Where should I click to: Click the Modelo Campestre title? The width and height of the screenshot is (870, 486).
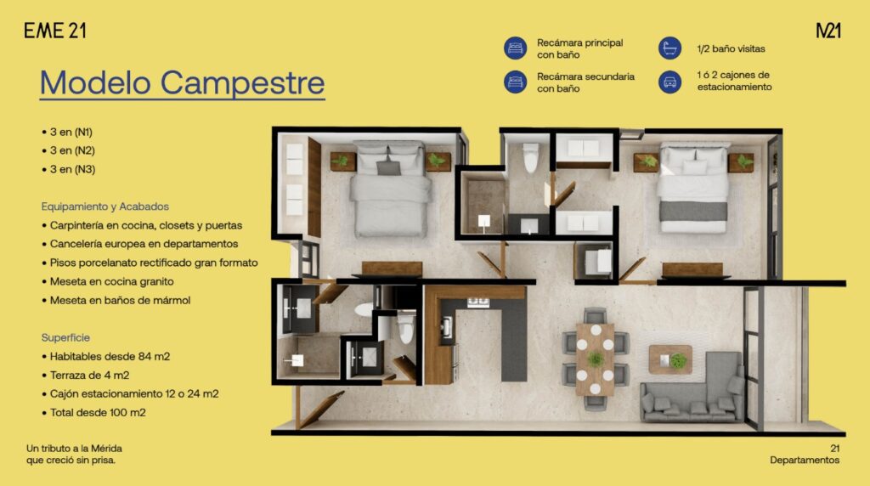coord(182,82)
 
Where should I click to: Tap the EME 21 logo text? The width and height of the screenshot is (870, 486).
coord(55,31)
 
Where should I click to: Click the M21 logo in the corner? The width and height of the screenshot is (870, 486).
coord(828,31)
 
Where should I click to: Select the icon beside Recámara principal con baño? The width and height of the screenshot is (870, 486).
coord(515,48)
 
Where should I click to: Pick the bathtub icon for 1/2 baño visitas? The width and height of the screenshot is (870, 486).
coord(669,48)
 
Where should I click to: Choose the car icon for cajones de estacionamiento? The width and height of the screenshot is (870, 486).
coord(669,82)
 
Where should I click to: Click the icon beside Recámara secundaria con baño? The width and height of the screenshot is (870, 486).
coord(515,82)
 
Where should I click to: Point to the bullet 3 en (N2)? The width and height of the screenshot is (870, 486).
coord(68,150)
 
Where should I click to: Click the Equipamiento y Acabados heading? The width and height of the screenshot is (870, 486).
coord(105,206)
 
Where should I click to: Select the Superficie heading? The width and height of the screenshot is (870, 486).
coord(65,337)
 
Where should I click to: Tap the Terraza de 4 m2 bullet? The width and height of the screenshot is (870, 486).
coord(86,375)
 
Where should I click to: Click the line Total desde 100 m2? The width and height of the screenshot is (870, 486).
coord(93,413)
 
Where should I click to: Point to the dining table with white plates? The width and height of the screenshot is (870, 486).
coord(595,359)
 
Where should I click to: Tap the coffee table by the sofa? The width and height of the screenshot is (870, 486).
coord(670,359)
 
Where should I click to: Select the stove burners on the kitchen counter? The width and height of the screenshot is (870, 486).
coord(477,302)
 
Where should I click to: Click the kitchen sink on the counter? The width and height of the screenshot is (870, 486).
coord(447,328)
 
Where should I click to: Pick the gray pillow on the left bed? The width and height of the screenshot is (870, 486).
coord(388,167)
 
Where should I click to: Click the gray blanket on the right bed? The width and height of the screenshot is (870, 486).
coord(693,211)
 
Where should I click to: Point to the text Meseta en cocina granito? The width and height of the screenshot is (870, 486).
coord(111,281)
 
